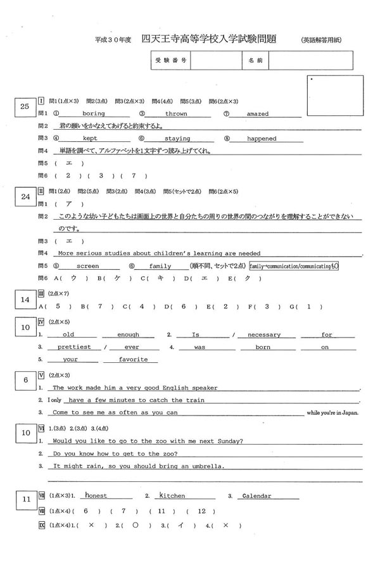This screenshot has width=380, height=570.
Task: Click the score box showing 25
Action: point(25,107)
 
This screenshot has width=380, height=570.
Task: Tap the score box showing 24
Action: point(25,197)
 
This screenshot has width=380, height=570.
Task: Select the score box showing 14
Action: point(25,299)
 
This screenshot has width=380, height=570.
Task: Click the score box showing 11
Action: point(25,500)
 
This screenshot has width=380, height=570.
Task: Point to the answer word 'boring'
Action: point(94,114)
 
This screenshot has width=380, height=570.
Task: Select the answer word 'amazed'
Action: point(258,114)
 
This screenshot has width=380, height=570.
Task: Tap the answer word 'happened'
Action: point(262,139)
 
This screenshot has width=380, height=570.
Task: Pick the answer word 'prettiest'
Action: point(74,347)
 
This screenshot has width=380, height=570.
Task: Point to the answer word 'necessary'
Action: point(263,334)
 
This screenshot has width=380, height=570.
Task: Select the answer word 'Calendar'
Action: point(258,496)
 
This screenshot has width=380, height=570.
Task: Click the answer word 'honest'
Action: point(97,496)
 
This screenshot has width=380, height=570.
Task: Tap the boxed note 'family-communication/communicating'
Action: point(294,266)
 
